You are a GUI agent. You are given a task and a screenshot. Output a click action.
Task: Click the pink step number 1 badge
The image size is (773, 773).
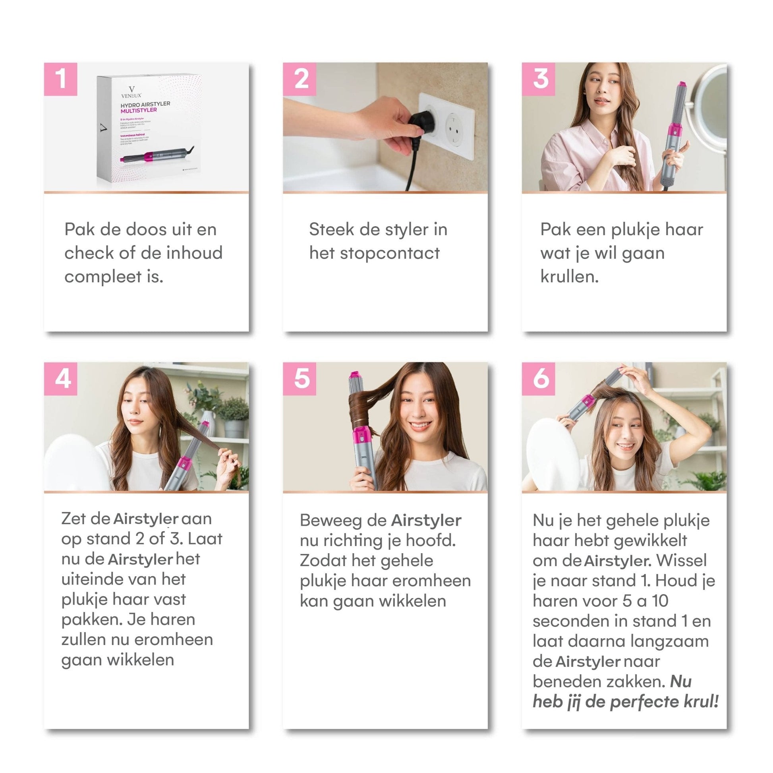(x=60, y=79)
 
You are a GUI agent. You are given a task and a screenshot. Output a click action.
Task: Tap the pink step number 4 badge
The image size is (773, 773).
(x=60, y=379)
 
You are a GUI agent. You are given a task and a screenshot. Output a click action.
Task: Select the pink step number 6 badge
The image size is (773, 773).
(x=538, y=379)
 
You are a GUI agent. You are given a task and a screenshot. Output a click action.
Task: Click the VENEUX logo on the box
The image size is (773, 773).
(x=131, y=93)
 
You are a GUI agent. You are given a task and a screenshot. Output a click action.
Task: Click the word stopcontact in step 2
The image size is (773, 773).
(x=390, y=254)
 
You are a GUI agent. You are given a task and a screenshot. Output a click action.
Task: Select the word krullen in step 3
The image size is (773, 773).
(x=569, y=277)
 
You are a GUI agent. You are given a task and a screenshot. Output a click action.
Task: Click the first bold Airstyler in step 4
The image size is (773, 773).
(x=146, y=519)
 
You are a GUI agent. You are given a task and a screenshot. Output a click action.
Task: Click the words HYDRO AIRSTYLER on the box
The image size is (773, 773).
(x=145, y=104)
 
